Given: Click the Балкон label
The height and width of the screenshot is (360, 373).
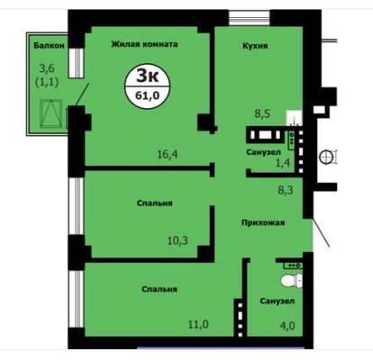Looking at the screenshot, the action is tap(49, 46).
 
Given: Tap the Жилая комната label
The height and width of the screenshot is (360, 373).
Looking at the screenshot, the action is tap(144, 44).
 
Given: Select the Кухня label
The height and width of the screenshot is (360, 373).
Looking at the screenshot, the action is tap(255, 46).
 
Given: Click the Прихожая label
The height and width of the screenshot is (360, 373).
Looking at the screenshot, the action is tap(263, 223).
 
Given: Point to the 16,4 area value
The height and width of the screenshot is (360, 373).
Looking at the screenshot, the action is tap(168, 155).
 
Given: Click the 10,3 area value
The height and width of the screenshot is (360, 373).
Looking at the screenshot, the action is tap(177, 240).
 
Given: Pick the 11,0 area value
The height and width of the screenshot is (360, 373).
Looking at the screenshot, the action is tap(198, 324).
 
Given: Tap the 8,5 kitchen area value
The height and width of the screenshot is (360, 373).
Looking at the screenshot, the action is tap(262, 113).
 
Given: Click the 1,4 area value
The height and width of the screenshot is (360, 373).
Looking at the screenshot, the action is tap(283, 163).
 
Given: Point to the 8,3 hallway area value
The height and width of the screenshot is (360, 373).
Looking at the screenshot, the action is tap(285, 190).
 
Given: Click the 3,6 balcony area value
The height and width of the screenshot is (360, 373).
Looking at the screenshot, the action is tap(47, 68).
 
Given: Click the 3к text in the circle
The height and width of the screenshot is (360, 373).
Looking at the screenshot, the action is tap(147, 76).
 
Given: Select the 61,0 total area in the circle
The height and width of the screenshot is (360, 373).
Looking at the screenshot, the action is tap(147, 95).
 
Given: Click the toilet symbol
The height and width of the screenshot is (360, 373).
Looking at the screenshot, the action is tap(292, 281).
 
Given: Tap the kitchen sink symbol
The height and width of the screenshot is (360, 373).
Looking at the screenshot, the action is tap(294, 118).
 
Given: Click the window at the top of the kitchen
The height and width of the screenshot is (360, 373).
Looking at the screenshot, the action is tap(249, 18).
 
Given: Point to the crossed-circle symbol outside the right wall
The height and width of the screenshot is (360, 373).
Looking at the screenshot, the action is tap(325, 157).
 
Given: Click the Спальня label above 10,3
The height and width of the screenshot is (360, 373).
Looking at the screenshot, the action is tap(155, 203).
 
